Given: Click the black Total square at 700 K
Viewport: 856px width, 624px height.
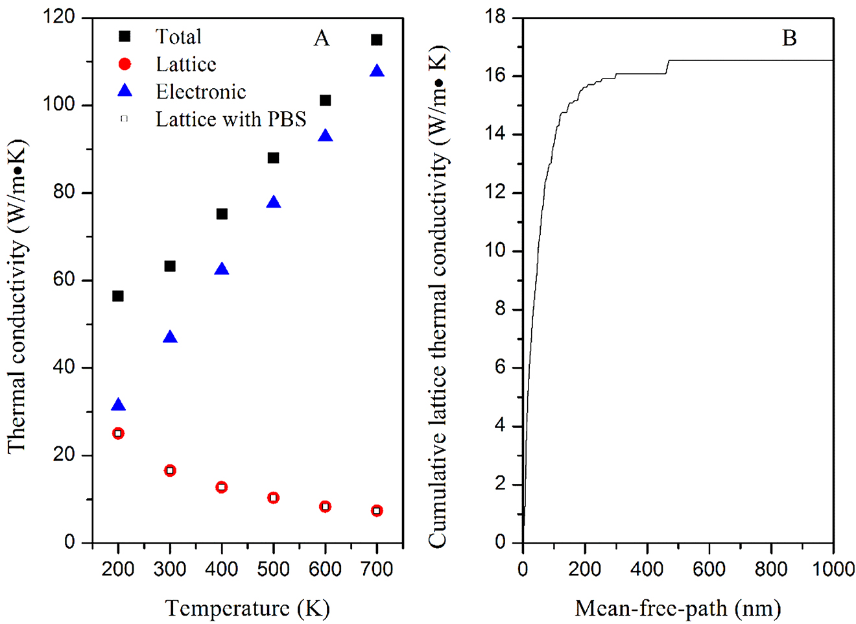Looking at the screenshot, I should [377, 40].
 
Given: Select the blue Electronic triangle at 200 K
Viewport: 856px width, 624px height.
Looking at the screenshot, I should [118, 405].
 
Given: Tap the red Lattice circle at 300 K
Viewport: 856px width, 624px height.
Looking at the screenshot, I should [170, 470].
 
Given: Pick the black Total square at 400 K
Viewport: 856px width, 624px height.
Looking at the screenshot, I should [222, 214].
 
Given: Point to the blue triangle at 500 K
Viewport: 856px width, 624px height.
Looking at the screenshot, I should [274, 202].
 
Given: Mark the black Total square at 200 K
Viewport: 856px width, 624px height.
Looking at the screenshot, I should [118, 296].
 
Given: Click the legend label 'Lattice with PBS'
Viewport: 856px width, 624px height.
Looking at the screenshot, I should [231, 119].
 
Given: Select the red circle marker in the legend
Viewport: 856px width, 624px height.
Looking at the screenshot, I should [125, 64].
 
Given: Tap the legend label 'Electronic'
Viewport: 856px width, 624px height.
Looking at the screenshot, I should [201, 92].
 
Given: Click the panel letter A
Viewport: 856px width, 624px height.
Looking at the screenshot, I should [322, 39].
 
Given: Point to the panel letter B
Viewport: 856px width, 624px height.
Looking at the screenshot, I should [789, 39].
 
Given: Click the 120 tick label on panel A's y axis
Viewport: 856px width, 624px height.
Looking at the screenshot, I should [60, 18].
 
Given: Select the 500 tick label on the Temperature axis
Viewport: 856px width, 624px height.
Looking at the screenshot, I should [273, 570].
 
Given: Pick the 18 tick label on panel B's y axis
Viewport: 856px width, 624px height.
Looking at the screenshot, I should [495, 18].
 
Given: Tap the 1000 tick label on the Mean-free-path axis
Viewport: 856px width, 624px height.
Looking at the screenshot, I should [833, 570].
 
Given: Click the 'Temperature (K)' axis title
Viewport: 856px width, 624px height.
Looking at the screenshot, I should [248, 608].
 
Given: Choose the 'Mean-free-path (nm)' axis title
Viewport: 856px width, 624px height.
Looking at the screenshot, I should [678, 608].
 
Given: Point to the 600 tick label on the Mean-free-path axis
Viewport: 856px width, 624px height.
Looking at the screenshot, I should [709, 570].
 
